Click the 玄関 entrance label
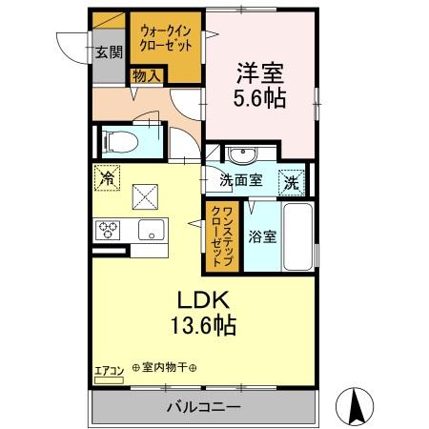point(108,52)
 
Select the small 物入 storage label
point(146,73)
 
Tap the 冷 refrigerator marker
point(108,177)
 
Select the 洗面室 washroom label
point(240,179)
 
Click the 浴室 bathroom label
point(262,236)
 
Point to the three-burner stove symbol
point(108,230)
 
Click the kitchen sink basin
point(150,231)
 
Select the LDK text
point(197,297)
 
